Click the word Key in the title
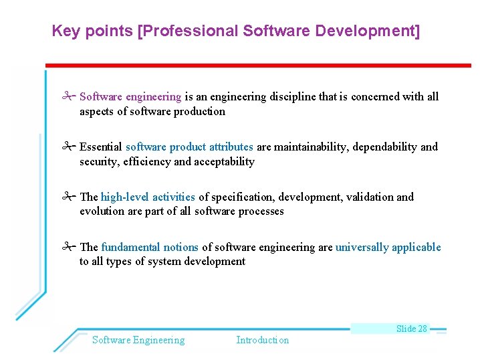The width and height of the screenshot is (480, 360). click(64, 31)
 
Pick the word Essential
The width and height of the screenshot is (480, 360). click(101, 147)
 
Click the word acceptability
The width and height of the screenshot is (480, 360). click(224, 162)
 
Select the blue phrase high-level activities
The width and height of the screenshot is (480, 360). click(148, 197)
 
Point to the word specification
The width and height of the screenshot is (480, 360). click(242, 197)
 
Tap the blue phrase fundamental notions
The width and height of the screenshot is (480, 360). click(150, 248)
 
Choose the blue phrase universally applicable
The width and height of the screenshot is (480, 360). click(388, 248)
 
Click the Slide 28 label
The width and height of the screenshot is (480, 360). click(411, 329)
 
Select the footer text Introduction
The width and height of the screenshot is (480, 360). click(263, 340)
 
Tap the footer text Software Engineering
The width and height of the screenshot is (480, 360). click(138, 340)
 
